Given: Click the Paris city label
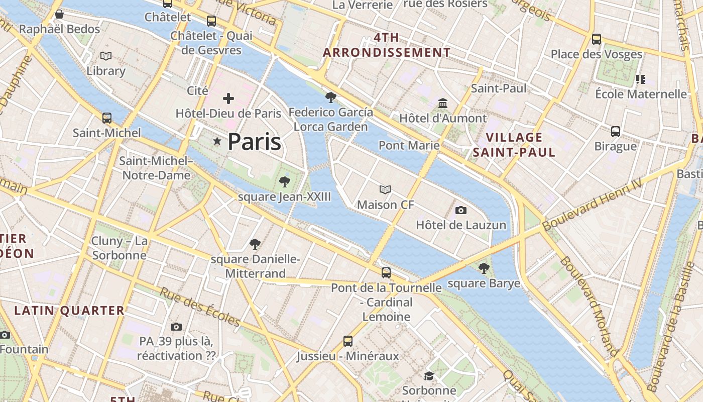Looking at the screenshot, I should (x=254, y=142).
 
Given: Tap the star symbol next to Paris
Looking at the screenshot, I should (x=217, y=142).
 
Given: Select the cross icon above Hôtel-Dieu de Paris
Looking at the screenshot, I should (x=228, y=98).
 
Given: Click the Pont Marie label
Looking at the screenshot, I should (x=409, y=145).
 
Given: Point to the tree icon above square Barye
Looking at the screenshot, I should (x=484, y=268).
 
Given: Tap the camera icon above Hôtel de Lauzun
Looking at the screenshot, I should (x=460, y=210).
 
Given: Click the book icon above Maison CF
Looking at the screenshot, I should (x=385, y=189).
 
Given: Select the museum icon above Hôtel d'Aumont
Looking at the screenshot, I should (x=443, y=103).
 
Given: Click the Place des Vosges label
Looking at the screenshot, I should (x=597, y=54).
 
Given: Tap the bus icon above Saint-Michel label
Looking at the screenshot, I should (x=107, y=118).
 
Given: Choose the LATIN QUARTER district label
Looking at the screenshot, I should (x=69, y=311).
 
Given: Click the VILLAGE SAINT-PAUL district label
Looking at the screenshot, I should (x=514, y=145).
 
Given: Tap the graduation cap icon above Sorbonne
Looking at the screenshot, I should (x=429, y=376).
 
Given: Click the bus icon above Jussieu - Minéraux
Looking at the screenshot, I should (x=347, y=341).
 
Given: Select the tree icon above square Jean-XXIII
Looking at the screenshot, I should (x=285, y=182).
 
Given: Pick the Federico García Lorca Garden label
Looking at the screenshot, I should (x=330, y=119).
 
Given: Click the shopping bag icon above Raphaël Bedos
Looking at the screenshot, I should (x=59, y=14).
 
